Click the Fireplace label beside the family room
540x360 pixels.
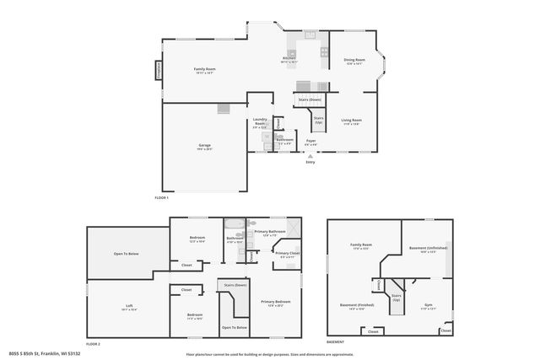(x=157, y=71)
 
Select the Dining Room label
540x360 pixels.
(x=354, y=61)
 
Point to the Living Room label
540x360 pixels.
(x=351, y=121)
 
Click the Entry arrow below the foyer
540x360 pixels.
(x=310, y=157)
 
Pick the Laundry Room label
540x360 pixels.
(x=261, y=122)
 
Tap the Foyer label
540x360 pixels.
(x=310, y=141)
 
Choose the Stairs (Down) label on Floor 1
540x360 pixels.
(x=310, y=99)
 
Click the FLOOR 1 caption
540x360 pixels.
(x=162, y=197)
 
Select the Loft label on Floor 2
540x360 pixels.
(x=129, y=308)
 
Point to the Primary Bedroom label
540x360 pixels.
(x=275, y=303)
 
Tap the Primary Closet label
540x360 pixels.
(x=288, y=254)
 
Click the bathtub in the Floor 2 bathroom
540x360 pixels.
(x=234, y=225)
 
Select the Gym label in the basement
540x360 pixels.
(x=428, y=304)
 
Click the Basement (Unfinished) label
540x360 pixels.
(x=429, y=249)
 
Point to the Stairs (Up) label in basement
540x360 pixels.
(x=395, y=298)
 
